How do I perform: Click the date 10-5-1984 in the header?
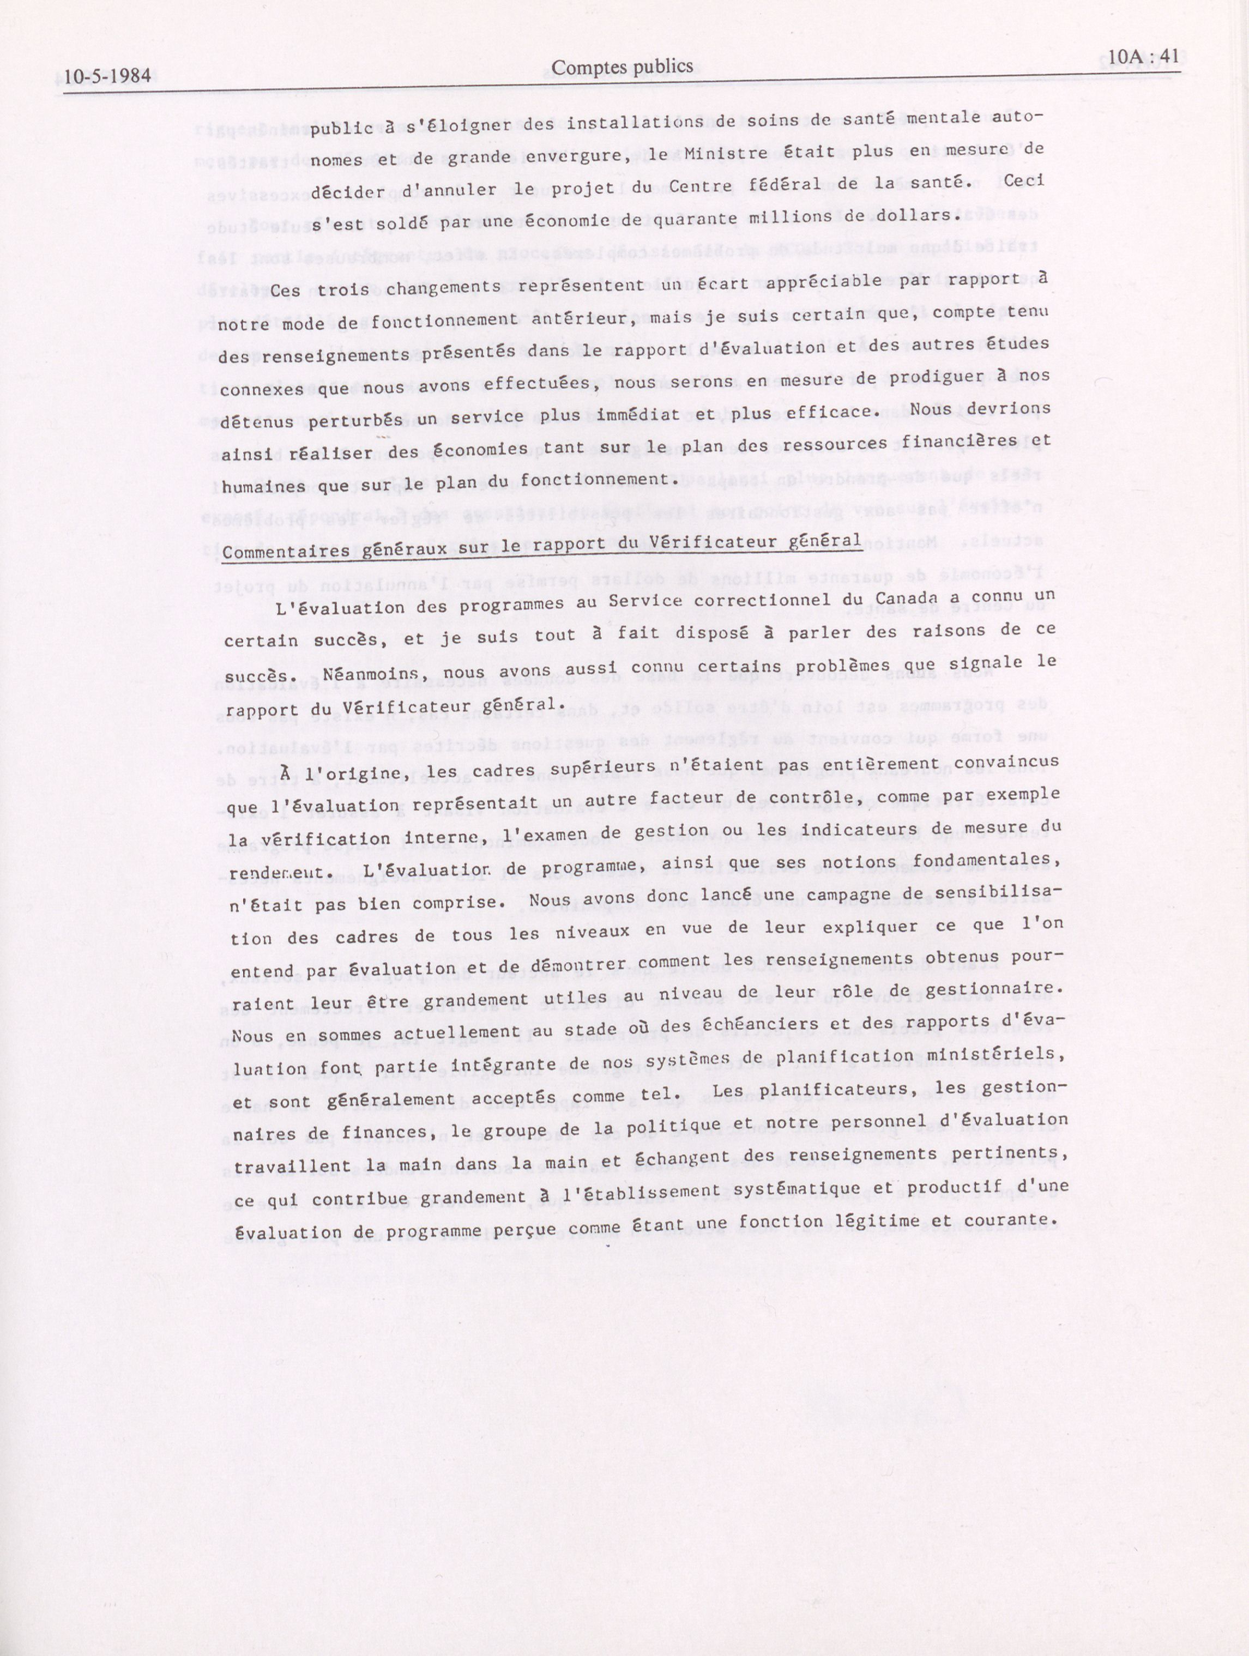[x=107, y=76]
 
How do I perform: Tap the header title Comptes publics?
[x=622, y=68]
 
